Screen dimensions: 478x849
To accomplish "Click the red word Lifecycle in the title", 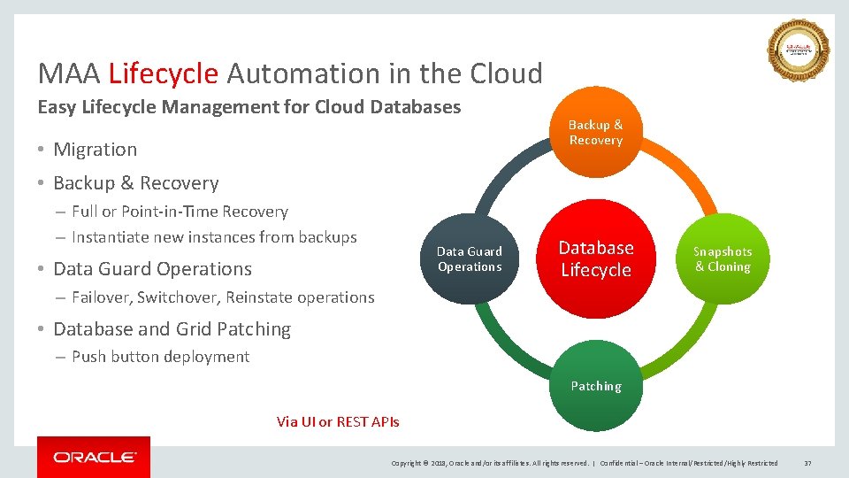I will (163, 73).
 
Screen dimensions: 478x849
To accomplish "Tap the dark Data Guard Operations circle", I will (470, 259).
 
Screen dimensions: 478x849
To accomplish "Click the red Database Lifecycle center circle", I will (595, 259).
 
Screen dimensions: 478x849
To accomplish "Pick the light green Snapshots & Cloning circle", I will (722, 259).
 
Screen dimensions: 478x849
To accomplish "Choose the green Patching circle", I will (595, 387).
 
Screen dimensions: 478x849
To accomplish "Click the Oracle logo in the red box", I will (94, 458).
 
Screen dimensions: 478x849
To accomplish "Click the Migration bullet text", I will (95, 150).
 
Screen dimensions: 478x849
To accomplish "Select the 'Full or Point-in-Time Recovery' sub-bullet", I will (180, 212).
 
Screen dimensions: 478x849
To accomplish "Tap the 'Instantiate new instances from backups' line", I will (214, 237).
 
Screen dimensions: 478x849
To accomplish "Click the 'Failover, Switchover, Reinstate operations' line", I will (223, 297).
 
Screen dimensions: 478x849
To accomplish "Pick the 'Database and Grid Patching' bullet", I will (172, 329).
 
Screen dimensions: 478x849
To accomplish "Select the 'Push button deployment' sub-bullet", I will (160, 357).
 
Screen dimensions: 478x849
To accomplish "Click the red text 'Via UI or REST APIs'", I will (338, 421).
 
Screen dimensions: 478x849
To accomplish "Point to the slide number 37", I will (807, 463).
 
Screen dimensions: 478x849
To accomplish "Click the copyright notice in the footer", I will (490, 463).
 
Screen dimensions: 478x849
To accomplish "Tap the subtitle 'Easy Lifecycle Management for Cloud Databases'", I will (249, 107).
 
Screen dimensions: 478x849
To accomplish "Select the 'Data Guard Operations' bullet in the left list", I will (152, 269).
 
